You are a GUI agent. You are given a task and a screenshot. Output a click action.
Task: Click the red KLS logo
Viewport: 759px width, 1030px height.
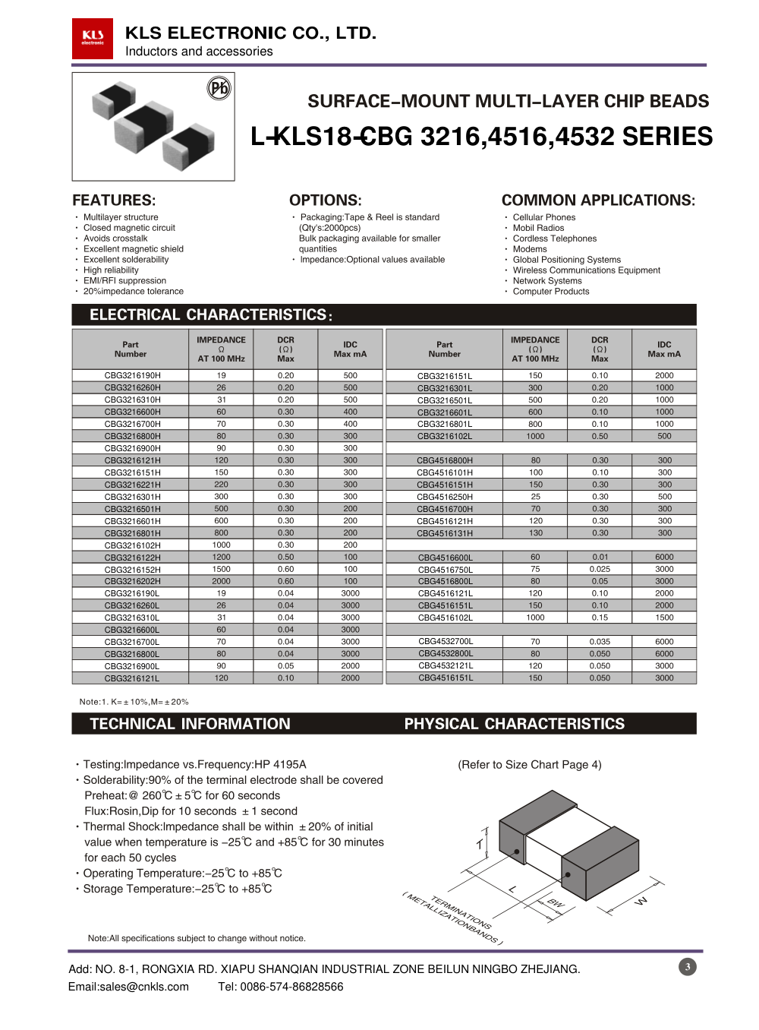tap(93, 38)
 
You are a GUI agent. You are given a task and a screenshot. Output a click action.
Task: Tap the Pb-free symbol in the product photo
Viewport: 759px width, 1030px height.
tap(219, 89)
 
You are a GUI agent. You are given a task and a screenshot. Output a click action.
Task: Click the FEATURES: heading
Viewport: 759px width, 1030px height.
tap(114, 201)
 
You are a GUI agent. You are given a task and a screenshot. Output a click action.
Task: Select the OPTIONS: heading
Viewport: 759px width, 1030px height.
tap(325, 201)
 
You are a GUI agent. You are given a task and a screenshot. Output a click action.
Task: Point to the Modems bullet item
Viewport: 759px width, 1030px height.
tap(530, 249)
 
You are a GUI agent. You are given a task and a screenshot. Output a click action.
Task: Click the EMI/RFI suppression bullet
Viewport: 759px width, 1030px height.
tap(124, 281)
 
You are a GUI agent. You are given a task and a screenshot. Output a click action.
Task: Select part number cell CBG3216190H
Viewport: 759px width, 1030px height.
tap(132, 375)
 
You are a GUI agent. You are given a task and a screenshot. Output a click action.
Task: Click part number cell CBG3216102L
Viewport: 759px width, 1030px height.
tap(444, 437)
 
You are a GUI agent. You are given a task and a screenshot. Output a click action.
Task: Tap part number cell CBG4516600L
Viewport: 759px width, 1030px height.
tap(445, 558)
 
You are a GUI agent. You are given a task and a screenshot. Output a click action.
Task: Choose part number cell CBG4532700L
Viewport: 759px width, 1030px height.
tap(445, 642)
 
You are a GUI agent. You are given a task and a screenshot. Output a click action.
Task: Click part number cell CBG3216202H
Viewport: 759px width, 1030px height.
tap(132, 582)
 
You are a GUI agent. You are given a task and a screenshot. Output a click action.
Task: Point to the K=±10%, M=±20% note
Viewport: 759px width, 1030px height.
tap(134, 702)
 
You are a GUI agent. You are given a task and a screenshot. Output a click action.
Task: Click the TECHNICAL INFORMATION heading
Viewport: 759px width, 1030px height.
tap(190, 724)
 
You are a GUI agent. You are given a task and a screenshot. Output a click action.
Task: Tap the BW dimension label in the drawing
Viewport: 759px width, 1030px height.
tap(556, 903)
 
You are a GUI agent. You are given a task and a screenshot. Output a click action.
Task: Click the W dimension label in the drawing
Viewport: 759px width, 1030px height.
tap(641, 901)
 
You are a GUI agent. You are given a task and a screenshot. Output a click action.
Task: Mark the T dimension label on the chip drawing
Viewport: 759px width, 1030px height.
tap(480, 845)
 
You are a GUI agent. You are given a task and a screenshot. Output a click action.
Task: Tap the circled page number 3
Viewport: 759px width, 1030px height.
tap(688, 967)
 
